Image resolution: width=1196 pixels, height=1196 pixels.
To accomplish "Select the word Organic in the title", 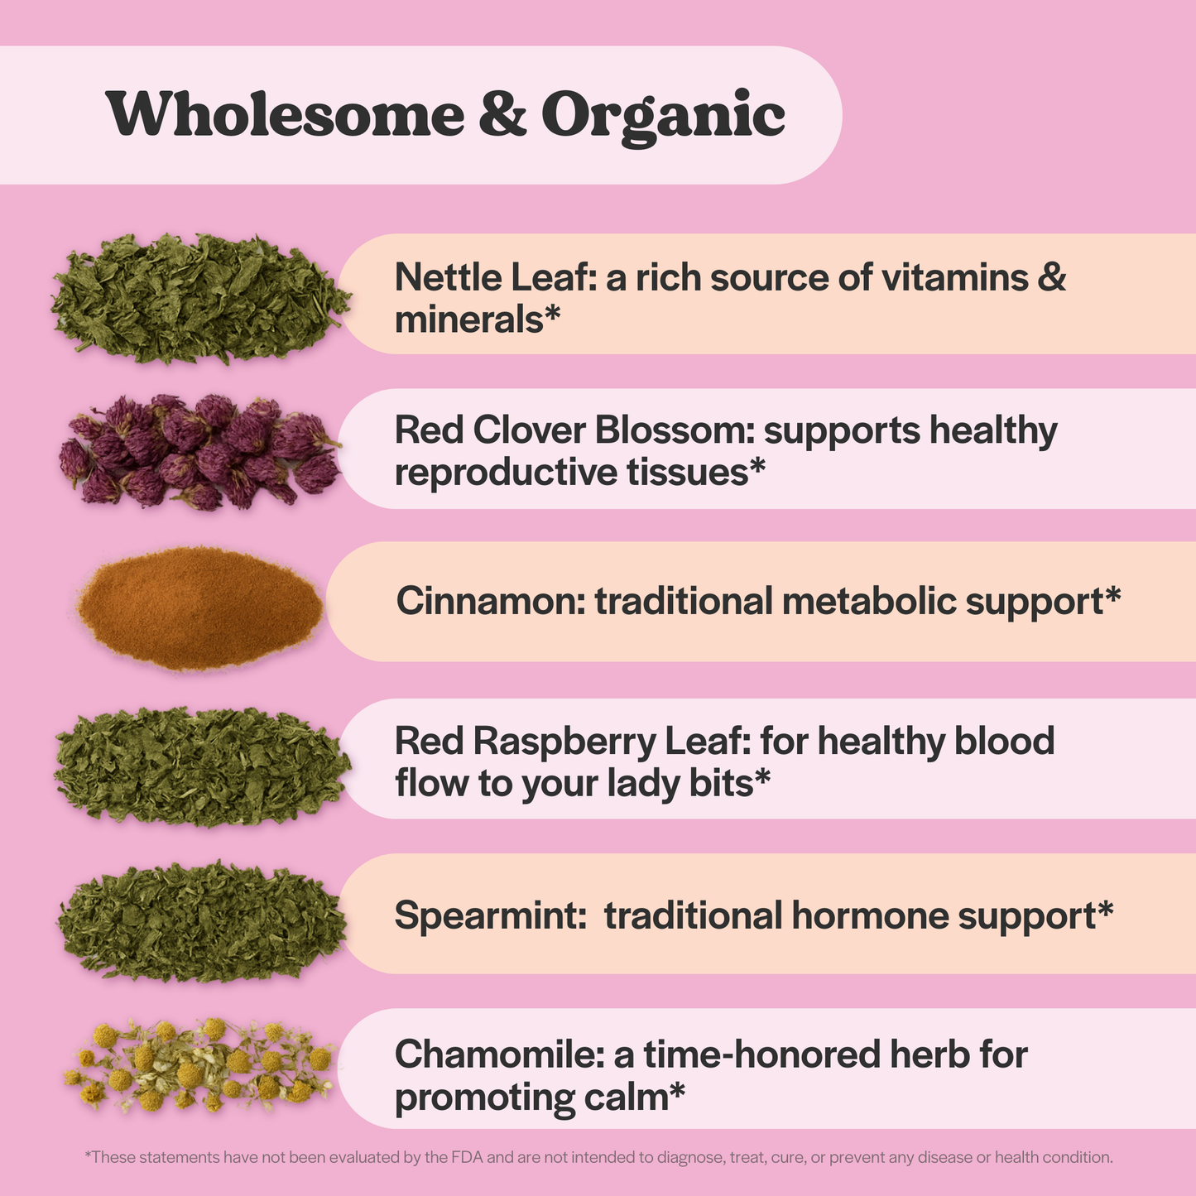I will tap(662, 116).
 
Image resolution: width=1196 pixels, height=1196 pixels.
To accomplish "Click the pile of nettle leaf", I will tap(199, 298).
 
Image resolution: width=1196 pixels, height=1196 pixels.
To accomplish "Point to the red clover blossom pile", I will tap(199, 452).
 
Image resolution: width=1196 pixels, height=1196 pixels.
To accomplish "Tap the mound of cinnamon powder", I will tap(199, 608).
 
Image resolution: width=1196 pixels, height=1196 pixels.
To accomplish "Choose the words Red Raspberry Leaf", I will tap(571, 742).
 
